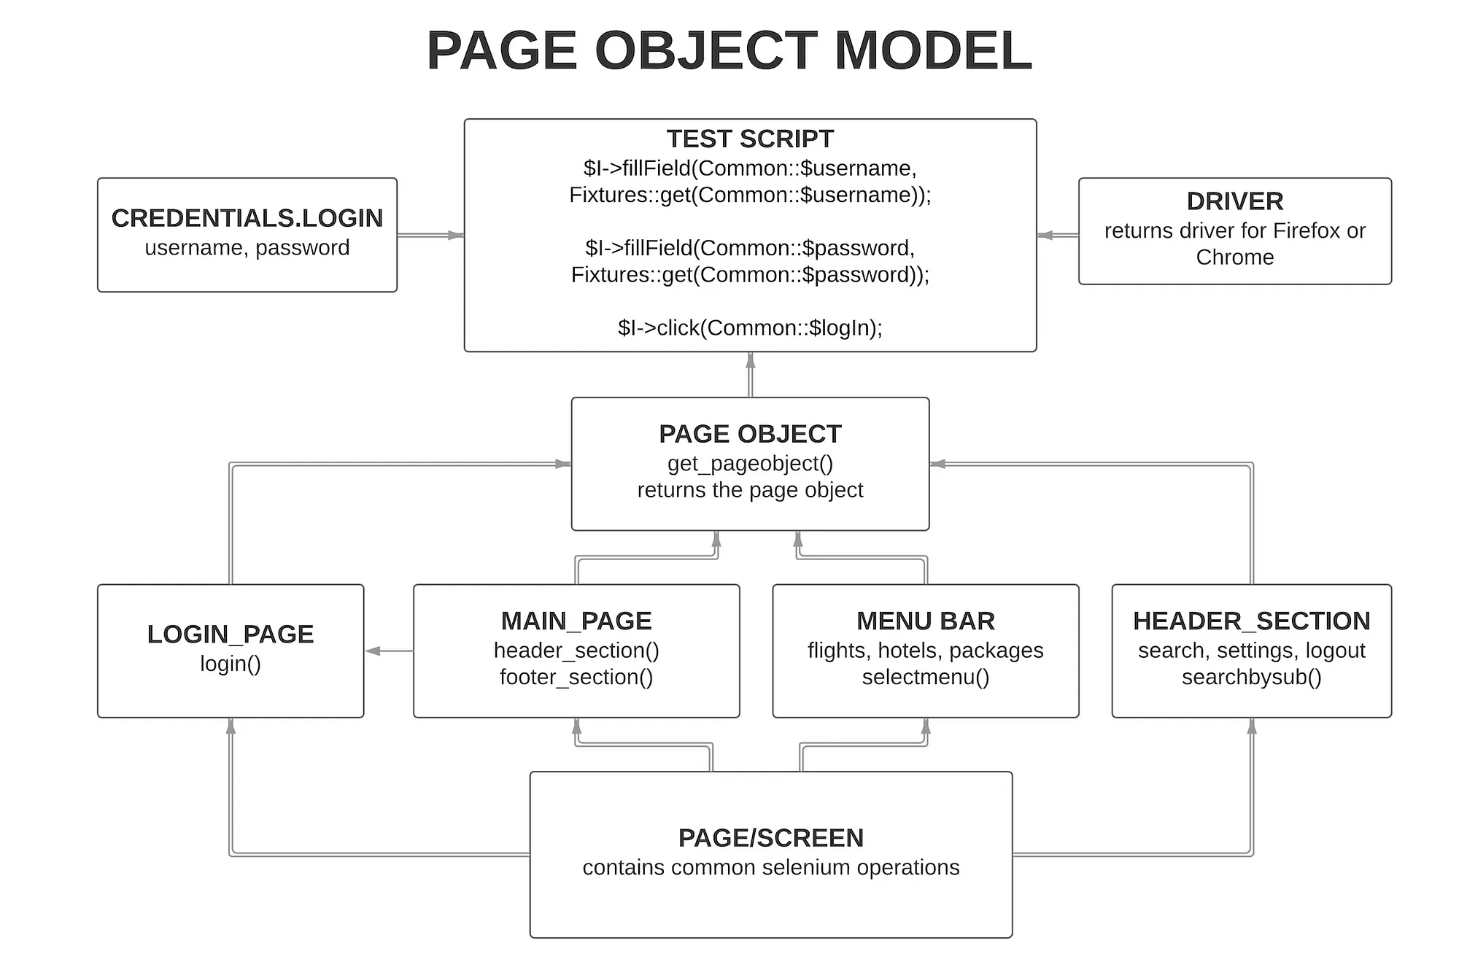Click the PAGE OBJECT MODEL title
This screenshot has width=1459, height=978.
tap(729, 51)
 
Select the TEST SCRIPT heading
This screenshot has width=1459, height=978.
tap(750, 139)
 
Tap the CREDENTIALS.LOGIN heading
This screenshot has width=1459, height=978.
tap(247, 218)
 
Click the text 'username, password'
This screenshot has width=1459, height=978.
tap(247, 248)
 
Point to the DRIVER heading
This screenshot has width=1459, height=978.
tap(1234, 201)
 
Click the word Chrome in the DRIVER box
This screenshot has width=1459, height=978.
tap(1234, 257)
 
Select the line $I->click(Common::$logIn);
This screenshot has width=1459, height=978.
tap(750, 328)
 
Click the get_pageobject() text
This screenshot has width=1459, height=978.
tap(750, 464)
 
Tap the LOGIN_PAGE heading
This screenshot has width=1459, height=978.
tap(231, 634)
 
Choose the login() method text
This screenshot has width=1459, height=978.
tap(231, 664)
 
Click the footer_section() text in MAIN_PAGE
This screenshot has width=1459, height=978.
tap(576, 678)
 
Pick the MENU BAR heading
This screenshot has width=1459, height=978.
tap(925, 621)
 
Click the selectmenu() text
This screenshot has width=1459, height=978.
tap(925, 678)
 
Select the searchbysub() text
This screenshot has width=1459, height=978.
tap(1251, 678)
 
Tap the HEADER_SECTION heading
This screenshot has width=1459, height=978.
tap(1251, 621)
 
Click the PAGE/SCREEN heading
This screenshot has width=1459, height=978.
tap(770, 838)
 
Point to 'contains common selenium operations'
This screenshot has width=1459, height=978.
tap(770, 868)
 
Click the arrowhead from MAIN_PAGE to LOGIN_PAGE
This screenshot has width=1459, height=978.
tap(374, 651)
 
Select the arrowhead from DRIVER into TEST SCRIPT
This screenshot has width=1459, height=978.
tap(1045, 235)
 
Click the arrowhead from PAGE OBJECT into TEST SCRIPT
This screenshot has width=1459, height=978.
tap(750, 360)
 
